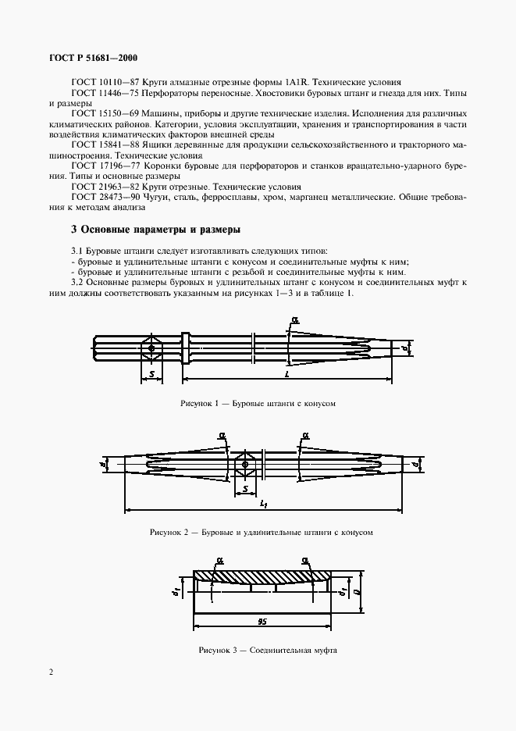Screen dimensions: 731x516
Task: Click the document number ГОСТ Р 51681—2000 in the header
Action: pyautogui.click(x=94, y=57)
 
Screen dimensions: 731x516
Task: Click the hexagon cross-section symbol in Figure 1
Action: pyautogui.click(x=151, y=348)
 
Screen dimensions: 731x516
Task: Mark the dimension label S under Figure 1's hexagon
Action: pyautogui.click(x=151, y=375)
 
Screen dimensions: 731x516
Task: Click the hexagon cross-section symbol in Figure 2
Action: pyautogui.click(x=246, y=464)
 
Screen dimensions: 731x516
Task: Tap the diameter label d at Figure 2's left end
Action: pyautogui.click(x=104, y=465)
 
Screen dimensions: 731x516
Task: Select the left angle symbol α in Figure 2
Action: pyautogui.click(x=222, y=434)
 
